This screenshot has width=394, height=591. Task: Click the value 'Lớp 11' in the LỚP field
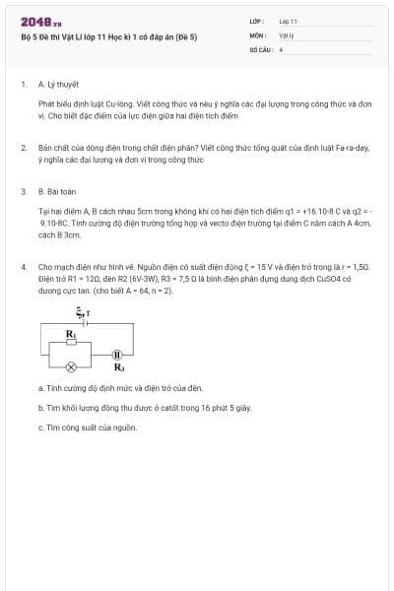288,21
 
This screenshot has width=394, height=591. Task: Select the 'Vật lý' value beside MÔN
286,34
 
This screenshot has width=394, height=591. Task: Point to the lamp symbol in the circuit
71,366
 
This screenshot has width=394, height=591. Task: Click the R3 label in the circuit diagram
118,367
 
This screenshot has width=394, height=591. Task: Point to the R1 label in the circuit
70,334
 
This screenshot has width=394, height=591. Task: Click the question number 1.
23,85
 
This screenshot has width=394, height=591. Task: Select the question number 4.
23,266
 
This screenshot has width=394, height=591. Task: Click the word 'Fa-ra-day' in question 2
352,147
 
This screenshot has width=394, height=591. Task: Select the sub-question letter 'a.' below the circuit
40,387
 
